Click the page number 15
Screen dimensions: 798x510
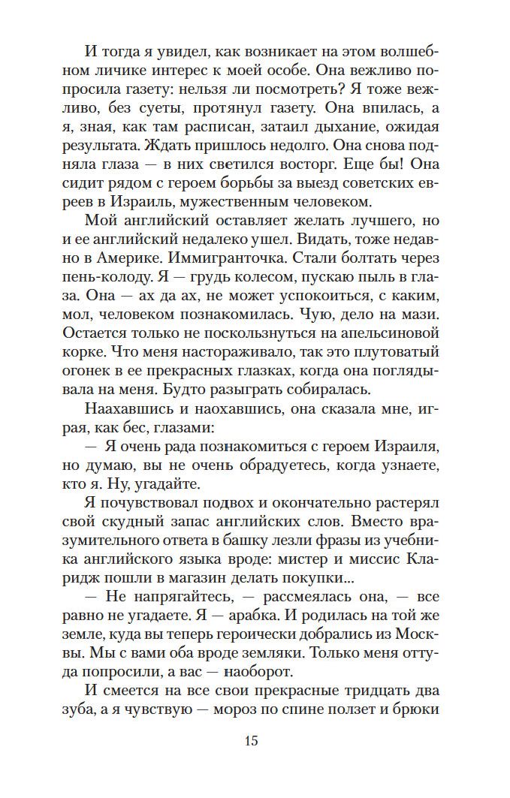click(x=251, y=742)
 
